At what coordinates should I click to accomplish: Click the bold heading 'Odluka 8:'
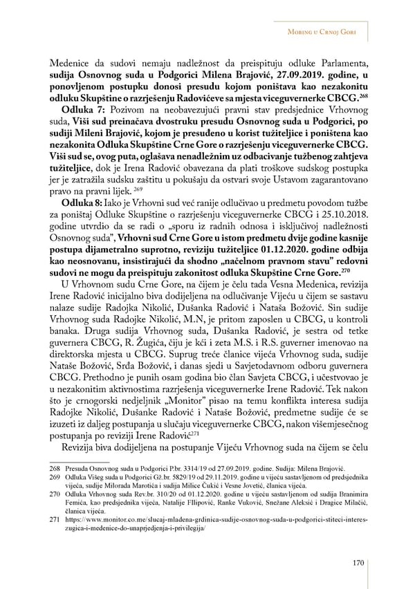coord(83,201)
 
